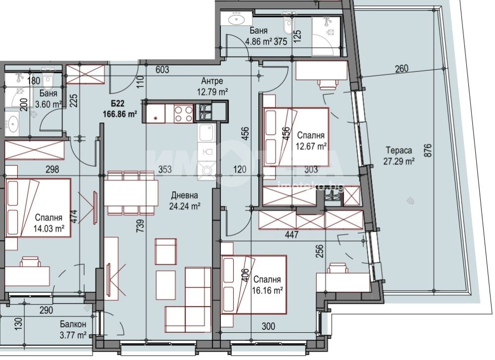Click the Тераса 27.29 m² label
coord(399,156)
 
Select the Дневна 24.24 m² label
coord(185,200)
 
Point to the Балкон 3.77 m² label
coord(73,329)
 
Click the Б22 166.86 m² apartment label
coord(120,108)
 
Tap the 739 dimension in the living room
coord(140,226)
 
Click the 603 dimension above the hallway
coord(162,69)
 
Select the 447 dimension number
coord(292,234)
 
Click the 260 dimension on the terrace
coord(401,68)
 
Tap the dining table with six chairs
coord(131,193)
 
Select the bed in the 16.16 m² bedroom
coord(254,285)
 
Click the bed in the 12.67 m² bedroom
coord(296,137)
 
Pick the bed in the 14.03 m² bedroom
coord(38,208)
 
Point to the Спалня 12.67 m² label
coord(311,141)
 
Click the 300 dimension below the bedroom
coord(268,326)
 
